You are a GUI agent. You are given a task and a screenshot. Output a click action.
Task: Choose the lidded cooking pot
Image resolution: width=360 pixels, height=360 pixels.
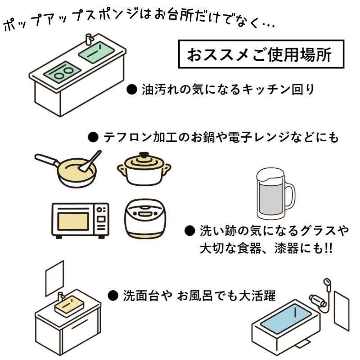point(144,168)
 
